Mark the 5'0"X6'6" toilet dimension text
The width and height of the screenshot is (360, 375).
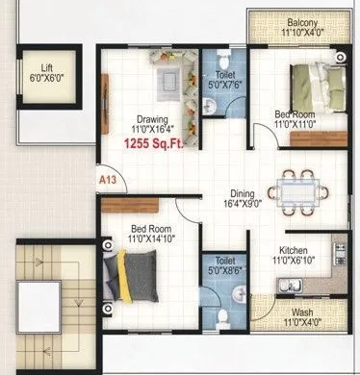[x=224, y=272]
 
